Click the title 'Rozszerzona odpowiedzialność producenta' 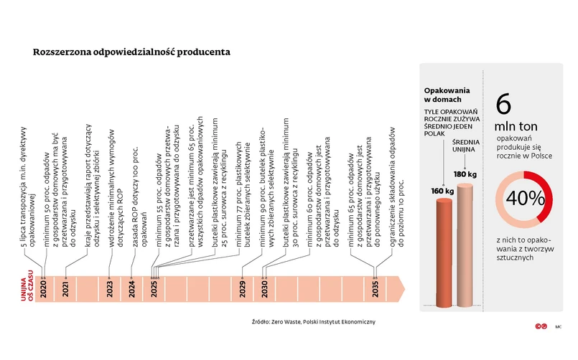point(131,52)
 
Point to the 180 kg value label point(465,174)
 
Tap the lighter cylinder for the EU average point(466,244)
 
